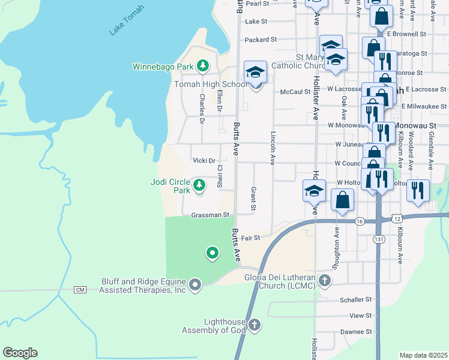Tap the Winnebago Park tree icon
203,65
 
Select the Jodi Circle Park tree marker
199,183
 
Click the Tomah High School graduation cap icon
255,73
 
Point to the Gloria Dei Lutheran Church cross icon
325,280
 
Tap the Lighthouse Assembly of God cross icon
255,326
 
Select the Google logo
20,353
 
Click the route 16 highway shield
359,221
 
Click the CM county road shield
80,290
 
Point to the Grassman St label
210,215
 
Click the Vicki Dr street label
204,161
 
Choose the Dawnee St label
357,332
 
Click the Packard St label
261,40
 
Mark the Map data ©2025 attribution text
423,355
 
